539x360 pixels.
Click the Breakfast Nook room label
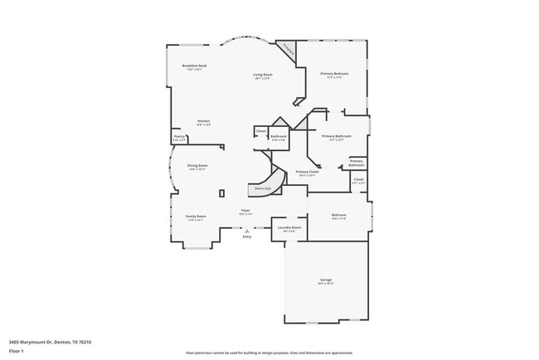coord(195,66)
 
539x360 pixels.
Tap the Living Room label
coord(263,75)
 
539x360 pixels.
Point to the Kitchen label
coord(203,121)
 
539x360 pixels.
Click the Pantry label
coord(179,137)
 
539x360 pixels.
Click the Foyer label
coord(245,211)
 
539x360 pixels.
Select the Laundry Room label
coord(289,226)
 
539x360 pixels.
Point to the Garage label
coord(326,280)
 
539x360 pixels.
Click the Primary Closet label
coord(308,172)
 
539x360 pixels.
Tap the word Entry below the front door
coord(246,237)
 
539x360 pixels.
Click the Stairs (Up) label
coord(262,188)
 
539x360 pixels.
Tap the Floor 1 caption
coord(17,351)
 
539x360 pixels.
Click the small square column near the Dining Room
coord(221,193)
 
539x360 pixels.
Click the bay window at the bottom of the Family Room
coord(197,246)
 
